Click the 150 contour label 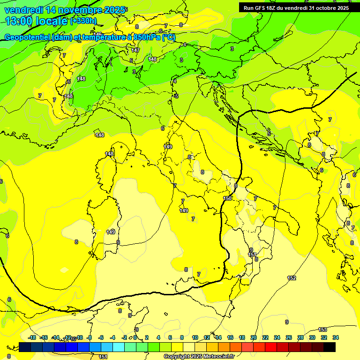point(227,198)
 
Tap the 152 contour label point(292,278)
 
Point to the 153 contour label point(322,330)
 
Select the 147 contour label point(135,50)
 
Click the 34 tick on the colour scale point(336,337)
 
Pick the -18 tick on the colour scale point(32,337)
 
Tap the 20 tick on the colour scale point(254,337)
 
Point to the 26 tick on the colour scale point(289,337)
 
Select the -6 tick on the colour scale point(101,337)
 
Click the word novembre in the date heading point(71,10)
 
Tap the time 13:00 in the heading point(19,21)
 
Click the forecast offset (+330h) point(83,21)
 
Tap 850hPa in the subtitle point(145,37)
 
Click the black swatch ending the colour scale point(330,347)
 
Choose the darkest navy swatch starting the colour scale point(25,347)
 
